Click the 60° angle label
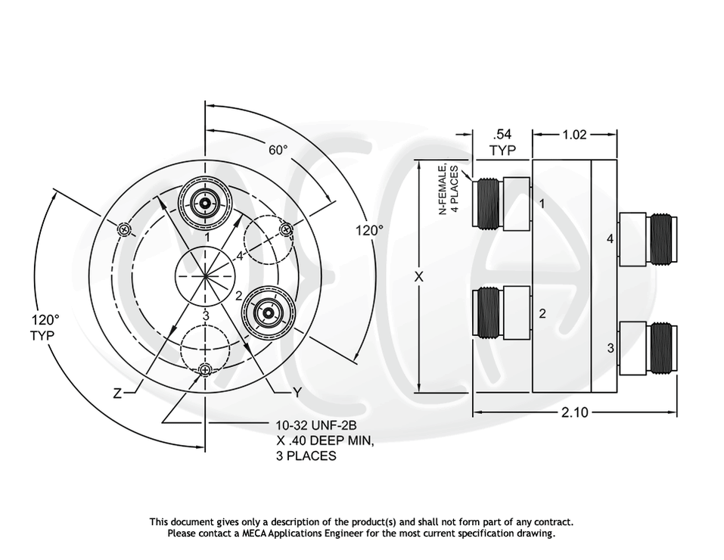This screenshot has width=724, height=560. click(278, 150)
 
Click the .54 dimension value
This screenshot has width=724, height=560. click(502, 135)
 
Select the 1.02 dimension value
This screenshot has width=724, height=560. click(575, 135)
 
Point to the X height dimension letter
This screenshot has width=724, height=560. click(418, 277)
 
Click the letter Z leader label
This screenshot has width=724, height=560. click(117, 393)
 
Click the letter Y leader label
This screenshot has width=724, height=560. click(297, 393)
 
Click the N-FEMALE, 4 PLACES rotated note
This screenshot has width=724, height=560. click(449, 189)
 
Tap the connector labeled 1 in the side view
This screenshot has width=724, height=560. click(500, 203)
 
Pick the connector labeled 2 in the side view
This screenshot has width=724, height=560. click(500, 312)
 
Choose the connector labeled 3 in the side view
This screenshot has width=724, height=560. click(648, 348)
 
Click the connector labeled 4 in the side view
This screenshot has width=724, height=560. click(648, 239)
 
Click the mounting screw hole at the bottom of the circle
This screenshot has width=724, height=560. click(205, 369)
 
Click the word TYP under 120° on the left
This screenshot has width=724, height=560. click(43, 335)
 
